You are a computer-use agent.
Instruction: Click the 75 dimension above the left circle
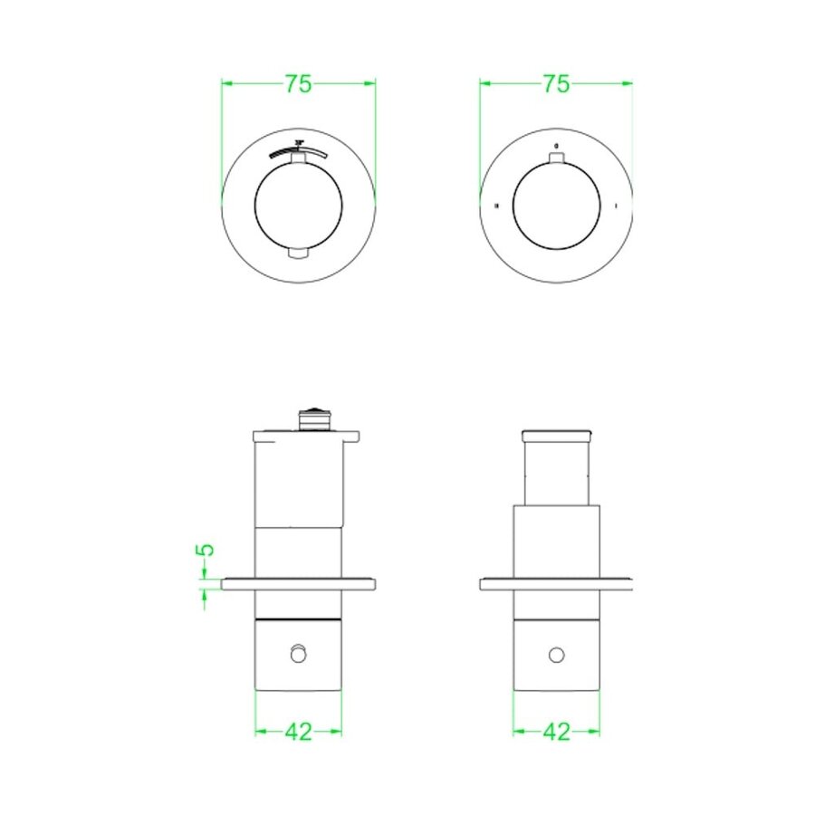(298, 83)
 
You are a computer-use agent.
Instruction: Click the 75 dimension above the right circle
(556, 83)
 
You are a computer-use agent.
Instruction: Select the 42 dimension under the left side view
(298, 732)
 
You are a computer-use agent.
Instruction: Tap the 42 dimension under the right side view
(556, 732)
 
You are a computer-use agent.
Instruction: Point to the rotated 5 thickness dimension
(206, 550)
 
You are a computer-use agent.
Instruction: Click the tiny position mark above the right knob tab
(556, 146)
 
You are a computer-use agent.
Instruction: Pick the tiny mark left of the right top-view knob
(497, 206)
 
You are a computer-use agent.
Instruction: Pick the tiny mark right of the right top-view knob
(616, 206)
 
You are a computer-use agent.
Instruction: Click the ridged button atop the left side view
(312, 418)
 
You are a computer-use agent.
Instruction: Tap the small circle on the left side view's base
(298, 653)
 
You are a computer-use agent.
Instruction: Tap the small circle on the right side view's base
(556, 654)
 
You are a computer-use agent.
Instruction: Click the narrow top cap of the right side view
(556, 437)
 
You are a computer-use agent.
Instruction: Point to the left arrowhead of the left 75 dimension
(226, 83)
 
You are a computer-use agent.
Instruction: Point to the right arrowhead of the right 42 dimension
(594, 732)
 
